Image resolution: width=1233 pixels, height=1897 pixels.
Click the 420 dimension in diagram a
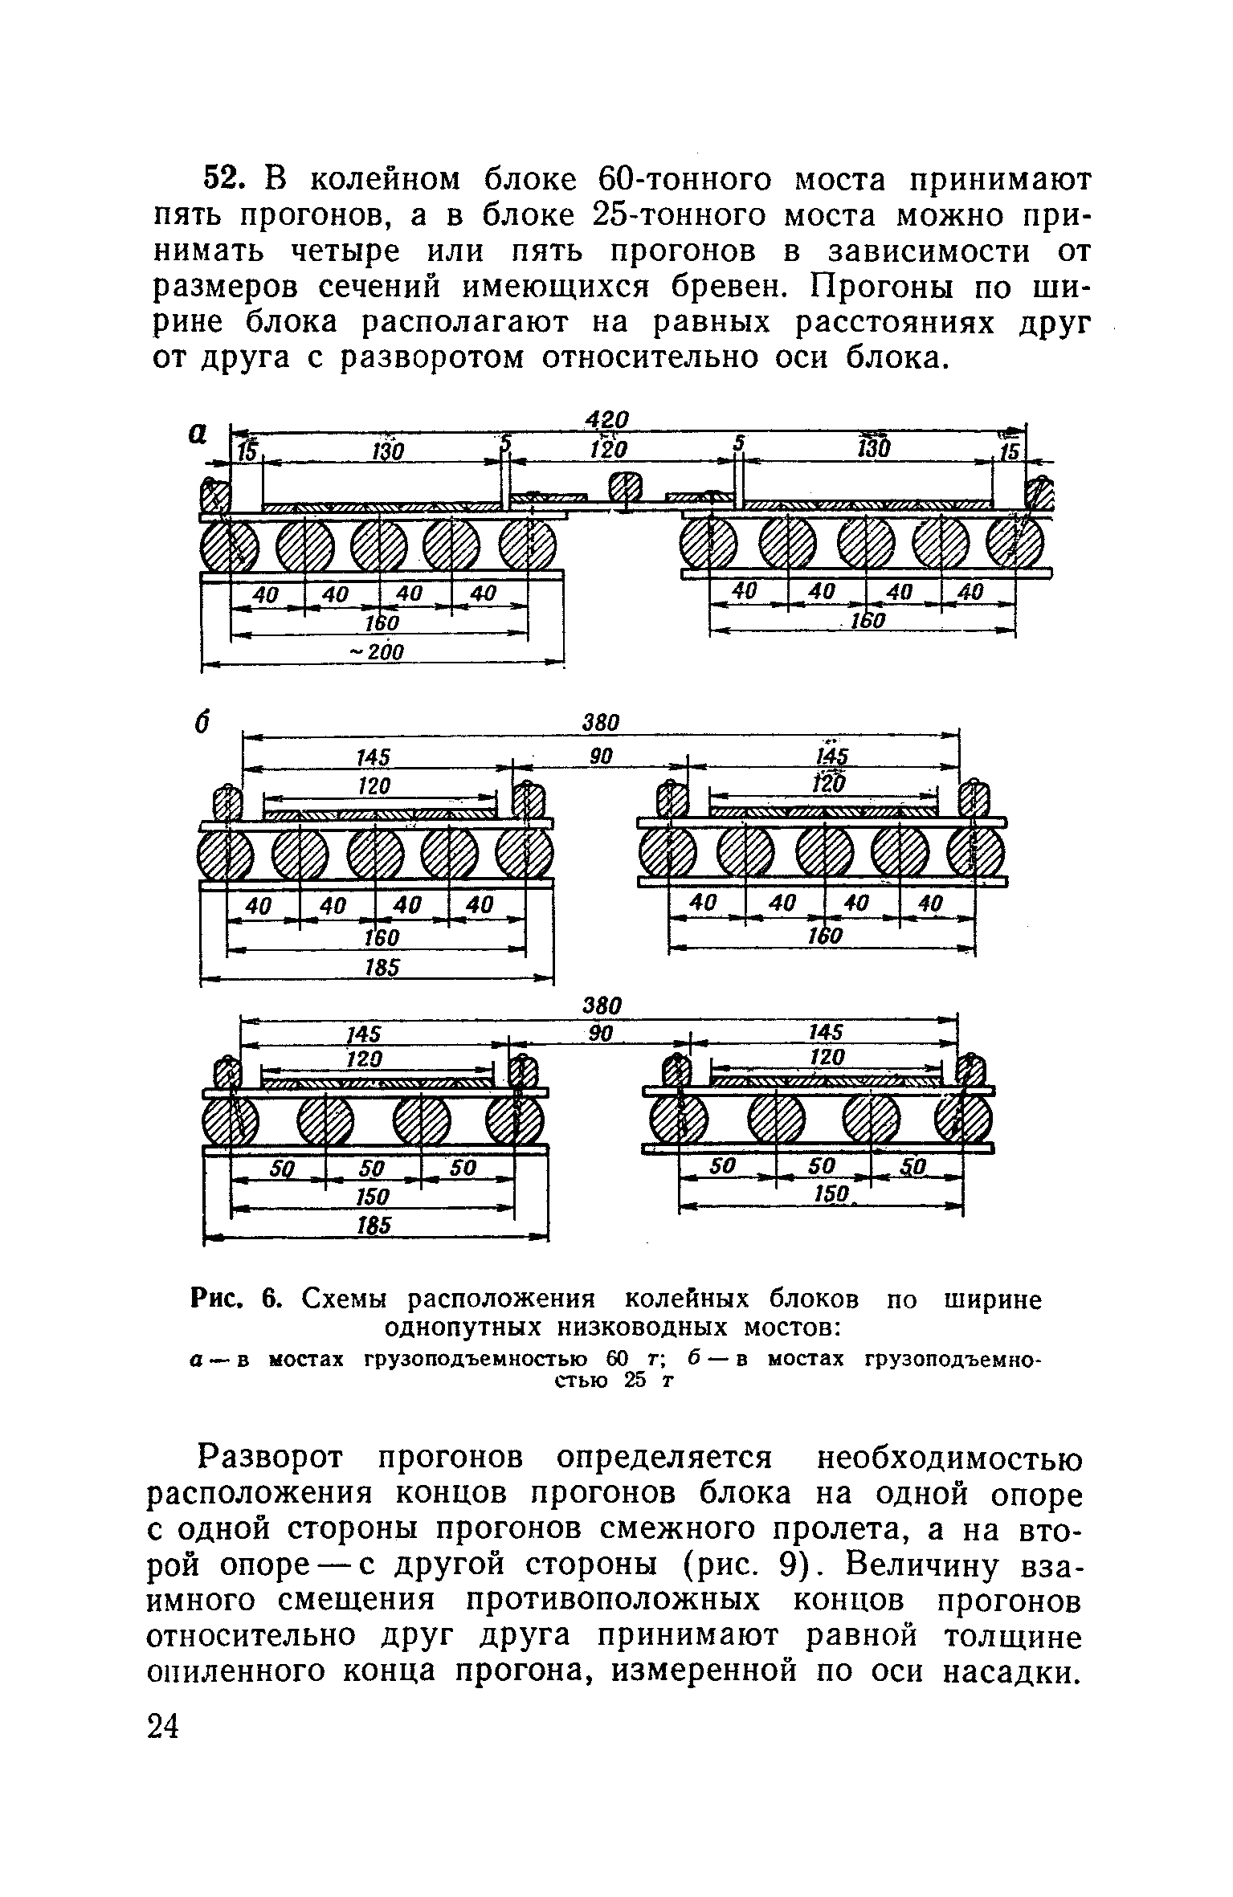(x=606, y=419)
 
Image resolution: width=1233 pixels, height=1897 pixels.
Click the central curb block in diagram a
(x=625, y=490)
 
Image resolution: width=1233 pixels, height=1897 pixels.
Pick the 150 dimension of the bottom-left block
(x=372, y=1197)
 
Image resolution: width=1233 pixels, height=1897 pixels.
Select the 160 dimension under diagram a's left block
(x=382, y=624)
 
